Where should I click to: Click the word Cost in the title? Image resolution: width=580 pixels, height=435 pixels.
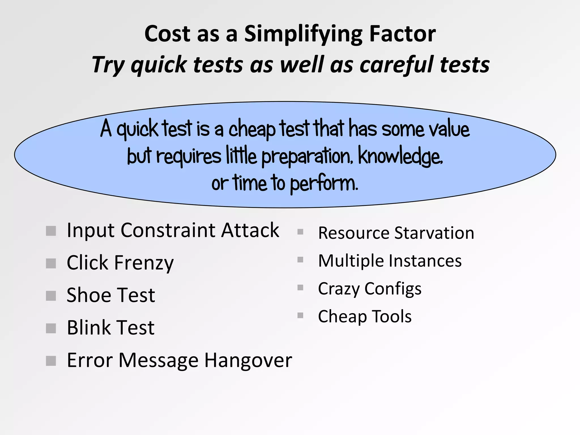(x=167, y=34)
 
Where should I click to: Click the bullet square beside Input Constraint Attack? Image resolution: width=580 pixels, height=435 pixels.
(x=51, y=231)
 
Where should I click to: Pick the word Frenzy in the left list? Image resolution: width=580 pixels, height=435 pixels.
(x=144, y=263)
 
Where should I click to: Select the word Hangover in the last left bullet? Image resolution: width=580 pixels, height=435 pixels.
(x=248, y=360)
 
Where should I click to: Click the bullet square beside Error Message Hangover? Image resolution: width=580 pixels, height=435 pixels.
(x=51, y=361)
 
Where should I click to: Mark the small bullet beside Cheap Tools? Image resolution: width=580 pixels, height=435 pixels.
(x=300, y=315)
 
